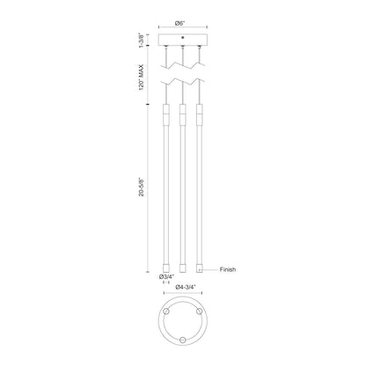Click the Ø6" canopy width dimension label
(x=179, y=23)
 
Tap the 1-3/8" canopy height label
(x=142, y=40)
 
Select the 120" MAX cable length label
(x=142, y=77)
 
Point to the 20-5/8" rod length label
(x=142, y=187)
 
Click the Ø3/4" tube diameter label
(x=166, y=276)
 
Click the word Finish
(x=228, y=269)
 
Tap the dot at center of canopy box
(x=183, y=37)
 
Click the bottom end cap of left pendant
(x=166, y=268)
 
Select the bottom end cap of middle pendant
(x=183, y=268)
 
